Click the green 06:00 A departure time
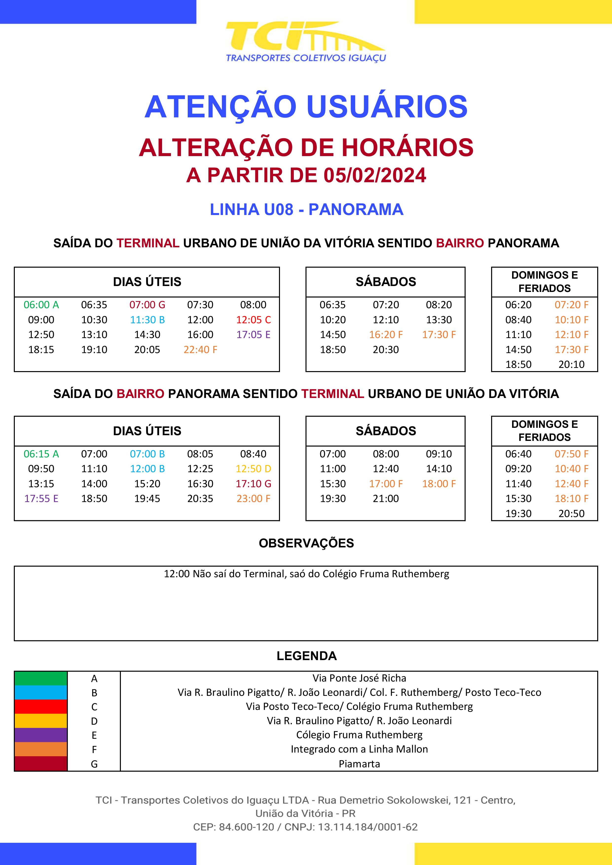point(41,305)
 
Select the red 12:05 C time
point(253,320)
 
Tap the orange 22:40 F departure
point(200,350)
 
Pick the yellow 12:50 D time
point(253,469)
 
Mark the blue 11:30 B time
point(147,320)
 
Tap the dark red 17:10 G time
point(253,484)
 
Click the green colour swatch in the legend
point(41,678)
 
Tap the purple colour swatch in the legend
point(41,735)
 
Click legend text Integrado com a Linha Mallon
point(359,749)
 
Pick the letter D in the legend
point(94,721)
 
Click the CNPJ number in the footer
point(368,827)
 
